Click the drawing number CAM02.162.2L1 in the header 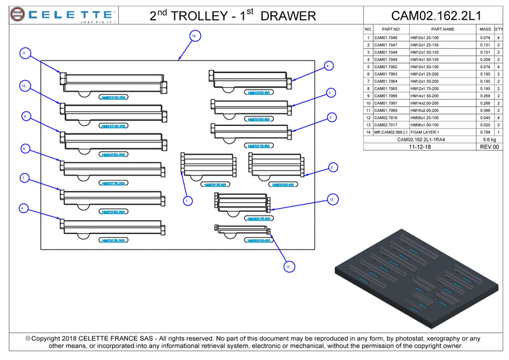(436, 15)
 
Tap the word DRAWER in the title (288, 15)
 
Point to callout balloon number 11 (24, 54)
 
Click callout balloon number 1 (188, 201)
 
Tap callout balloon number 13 (288, 267)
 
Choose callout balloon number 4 (328, 66)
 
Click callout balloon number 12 (331, 200)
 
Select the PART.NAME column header (442, 29)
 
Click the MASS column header (485, 29)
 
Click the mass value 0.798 (485, 132)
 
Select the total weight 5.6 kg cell (489, 139)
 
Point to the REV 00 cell (489, 146)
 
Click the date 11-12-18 (420, 146)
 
